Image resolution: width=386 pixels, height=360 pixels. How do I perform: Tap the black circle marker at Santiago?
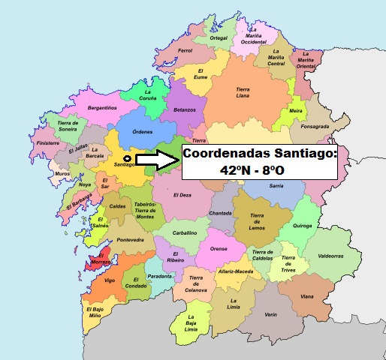coord(127,159)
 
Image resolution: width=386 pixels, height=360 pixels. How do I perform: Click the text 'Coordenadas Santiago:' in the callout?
coord(260,154)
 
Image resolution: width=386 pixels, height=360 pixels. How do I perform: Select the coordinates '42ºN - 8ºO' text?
coord(253,171)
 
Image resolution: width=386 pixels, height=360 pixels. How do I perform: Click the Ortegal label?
coord(219,37)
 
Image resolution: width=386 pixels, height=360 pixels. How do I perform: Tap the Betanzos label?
coord(184,109)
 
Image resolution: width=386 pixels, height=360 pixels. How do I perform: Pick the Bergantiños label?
coord(101,108)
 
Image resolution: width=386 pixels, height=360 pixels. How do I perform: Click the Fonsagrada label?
coord(315,127)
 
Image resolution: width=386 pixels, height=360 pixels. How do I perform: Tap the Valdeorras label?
coord(330,256)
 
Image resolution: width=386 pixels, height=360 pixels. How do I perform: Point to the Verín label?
coord(271,316)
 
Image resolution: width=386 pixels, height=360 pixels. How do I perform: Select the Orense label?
coord(219,249)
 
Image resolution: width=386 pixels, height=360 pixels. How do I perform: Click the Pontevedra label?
coord(129,240)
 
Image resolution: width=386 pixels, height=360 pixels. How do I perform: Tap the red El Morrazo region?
coord(98,259)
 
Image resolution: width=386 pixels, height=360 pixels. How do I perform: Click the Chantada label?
coord(220,213)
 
